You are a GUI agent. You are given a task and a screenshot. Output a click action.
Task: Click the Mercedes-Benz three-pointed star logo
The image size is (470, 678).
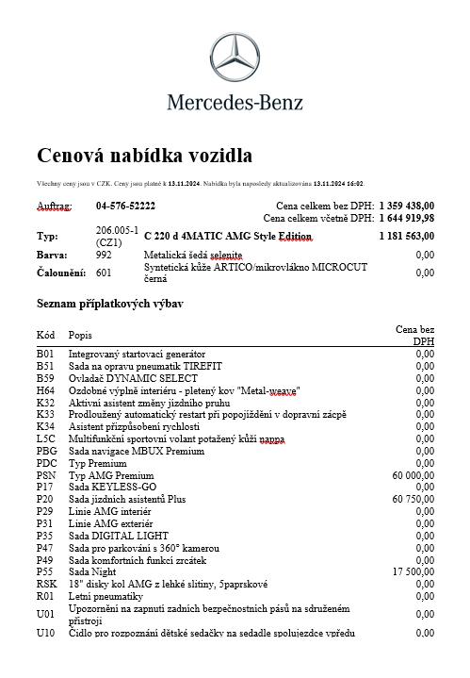pos(235,58)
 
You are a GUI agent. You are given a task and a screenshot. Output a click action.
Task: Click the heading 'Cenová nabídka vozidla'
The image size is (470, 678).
pos(144,155)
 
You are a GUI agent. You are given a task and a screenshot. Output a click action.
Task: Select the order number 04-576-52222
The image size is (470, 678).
pos(125,206)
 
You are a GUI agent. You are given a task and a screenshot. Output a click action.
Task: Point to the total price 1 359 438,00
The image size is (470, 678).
pos(407,206)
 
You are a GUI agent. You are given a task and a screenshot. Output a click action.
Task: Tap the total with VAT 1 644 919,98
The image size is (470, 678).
pos(407,218)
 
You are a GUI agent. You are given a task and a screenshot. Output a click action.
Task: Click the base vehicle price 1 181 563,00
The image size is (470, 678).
pos(407,236)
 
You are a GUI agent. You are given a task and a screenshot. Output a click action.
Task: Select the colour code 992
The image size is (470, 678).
pos(104,255)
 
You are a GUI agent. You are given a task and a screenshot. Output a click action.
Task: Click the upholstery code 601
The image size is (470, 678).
pos(104,273)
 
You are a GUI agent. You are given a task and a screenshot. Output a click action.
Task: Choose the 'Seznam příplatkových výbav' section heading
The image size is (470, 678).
pos(109,304)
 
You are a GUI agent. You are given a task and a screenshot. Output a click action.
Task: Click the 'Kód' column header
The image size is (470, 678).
pos(45,335)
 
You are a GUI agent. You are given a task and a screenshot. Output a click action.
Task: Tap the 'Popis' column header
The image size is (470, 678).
pos(81,335)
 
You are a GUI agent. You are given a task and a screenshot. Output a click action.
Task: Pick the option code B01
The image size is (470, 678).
pos(45,354)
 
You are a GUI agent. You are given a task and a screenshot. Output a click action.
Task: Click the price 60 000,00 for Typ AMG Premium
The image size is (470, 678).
pos(413,475)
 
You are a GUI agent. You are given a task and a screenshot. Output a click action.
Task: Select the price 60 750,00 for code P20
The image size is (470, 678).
pos(413,499)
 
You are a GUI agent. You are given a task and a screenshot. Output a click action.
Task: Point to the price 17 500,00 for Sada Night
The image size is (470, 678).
pos(413,571)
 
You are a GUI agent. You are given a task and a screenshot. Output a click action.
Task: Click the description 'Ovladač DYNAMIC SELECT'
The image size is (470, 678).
pos(132,377)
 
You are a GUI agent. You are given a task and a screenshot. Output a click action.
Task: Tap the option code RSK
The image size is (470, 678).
pos(46,584)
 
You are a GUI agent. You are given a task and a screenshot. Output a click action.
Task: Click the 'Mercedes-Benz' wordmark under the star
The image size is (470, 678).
pos(235,102)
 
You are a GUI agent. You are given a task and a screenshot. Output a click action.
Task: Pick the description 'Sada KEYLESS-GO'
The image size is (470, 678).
pos(112,487)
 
